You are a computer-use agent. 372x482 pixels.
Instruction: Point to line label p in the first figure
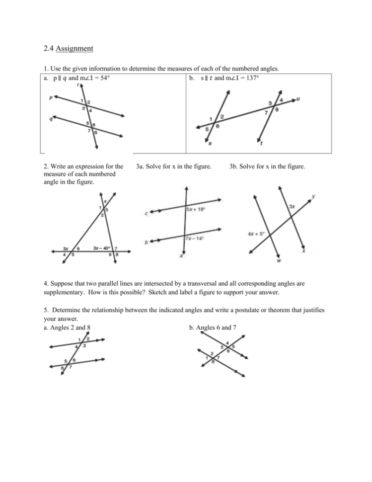51,97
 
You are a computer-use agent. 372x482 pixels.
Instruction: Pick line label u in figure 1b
298,99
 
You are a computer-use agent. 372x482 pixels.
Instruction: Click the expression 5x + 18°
196,209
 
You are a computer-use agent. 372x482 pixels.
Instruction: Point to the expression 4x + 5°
256,233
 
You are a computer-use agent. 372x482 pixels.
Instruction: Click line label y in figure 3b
313,196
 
